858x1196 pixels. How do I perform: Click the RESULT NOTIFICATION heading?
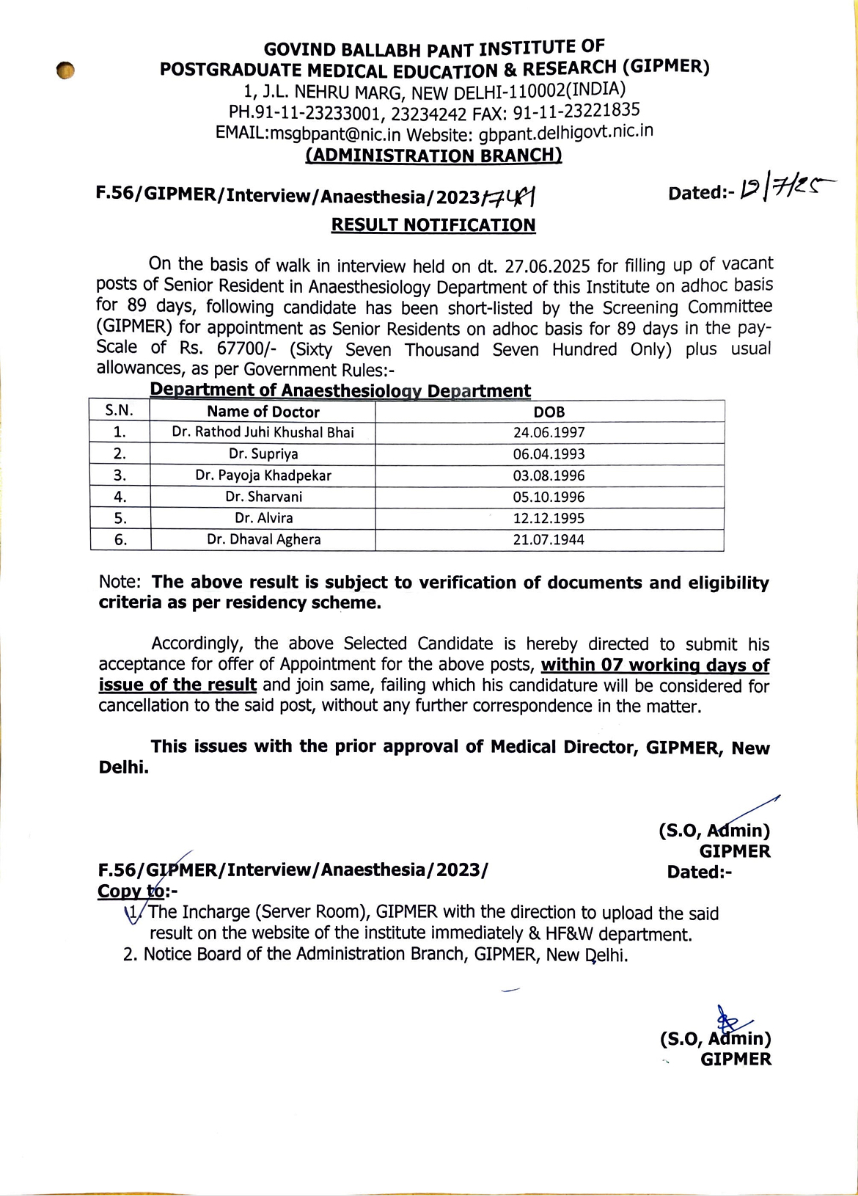pos(433,225)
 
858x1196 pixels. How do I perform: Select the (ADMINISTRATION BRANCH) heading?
pos(433,156)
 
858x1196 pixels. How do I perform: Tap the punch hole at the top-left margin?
pos(65,70)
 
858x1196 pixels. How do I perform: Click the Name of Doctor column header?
pos(263,412)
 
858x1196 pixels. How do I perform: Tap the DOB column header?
pos(549,412)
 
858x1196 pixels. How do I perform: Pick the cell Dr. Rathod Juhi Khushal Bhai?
pos(263,432)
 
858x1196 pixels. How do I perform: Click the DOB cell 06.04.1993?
pos(549,454)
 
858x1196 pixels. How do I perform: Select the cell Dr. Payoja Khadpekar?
pos(263,475)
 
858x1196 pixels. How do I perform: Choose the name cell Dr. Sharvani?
pos(263,497)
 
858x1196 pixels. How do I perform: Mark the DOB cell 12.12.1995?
pos(549,518)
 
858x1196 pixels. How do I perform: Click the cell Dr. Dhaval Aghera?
pos(263,539)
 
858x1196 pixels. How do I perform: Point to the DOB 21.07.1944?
pos(549,539)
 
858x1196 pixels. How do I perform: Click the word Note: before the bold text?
pos(120,582)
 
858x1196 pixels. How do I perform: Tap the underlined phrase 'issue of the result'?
pos(177,685)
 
